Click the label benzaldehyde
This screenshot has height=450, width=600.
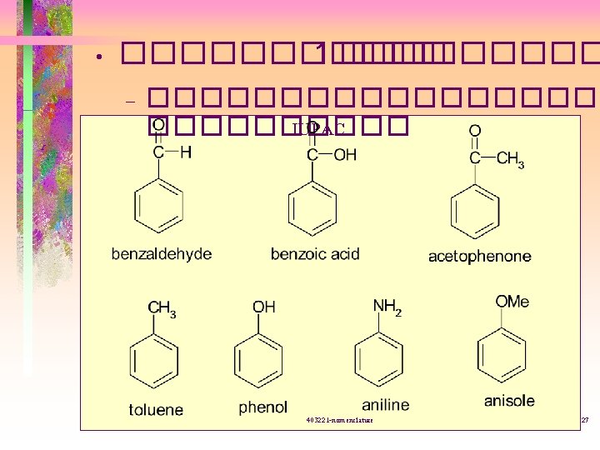[x=162, y=254]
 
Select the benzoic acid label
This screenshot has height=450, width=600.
[x=315, y=254]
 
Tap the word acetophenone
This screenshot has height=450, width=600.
[x=479, y=257]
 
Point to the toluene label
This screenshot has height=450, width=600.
[x=156, y=409]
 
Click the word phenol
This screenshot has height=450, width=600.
[x=262, y=407]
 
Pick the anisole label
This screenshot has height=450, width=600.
[x=509, y=401]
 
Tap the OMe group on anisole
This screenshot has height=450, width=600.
[x=512, y=301]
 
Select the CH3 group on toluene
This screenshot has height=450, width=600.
[x=162, y=309]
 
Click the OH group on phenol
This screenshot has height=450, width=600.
[x=263, y=307]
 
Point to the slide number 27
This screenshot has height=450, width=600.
[x=584, y=420]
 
